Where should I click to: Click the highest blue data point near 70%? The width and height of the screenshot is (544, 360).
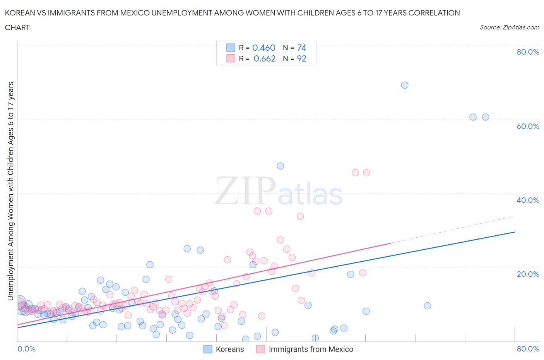coord(405,85)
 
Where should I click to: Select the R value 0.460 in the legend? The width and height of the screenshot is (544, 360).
coord(263,48)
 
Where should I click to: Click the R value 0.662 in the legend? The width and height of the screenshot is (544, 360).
coord(264,58)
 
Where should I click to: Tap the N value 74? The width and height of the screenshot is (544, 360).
coord(301,48)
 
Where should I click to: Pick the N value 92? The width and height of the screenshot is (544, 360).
coord(301,58)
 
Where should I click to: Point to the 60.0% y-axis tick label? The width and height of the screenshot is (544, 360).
coord(527,126)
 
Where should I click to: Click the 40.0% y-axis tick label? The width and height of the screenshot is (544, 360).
coord(527,200)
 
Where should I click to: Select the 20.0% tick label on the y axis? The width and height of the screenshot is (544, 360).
coord(527,274)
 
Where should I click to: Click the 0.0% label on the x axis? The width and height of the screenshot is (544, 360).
coord(26,349)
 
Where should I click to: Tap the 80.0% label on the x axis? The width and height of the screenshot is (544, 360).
coord(527,349)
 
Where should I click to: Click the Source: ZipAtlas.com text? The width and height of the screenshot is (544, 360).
coord(509,27)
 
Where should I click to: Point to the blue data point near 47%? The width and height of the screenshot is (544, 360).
coord(281,166)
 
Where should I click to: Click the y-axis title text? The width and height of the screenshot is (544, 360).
coord(10,191)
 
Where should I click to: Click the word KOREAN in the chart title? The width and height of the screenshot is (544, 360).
coord(19,13)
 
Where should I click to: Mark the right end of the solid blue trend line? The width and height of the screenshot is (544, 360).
coord(515,232)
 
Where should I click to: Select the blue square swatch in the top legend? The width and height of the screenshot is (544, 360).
coord(231,48)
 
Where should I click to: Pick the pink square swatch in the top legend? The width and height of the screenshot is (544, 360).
coord(231,58)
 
